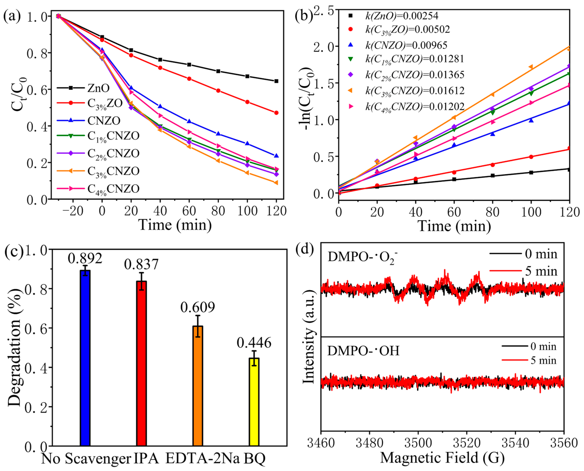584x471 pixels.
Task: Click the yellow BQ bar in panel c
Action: point(254,401)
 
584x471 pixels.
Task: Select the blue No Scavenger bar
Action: point(85,358)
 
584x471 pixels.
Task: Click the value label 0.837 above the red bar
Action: point(141,264)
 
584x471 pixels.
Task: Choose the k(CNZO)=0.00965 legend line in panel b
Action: point(406,45)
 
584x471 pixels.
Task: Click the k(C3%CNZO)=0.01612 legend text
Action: point(415,91)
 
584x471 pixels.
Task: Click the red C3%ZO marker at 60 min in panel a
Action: point(189,79)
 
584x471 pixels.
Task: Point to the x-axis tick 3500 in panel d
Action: point(418,443)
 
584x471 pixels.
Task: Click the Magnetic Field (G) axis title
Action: point(442,458)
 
